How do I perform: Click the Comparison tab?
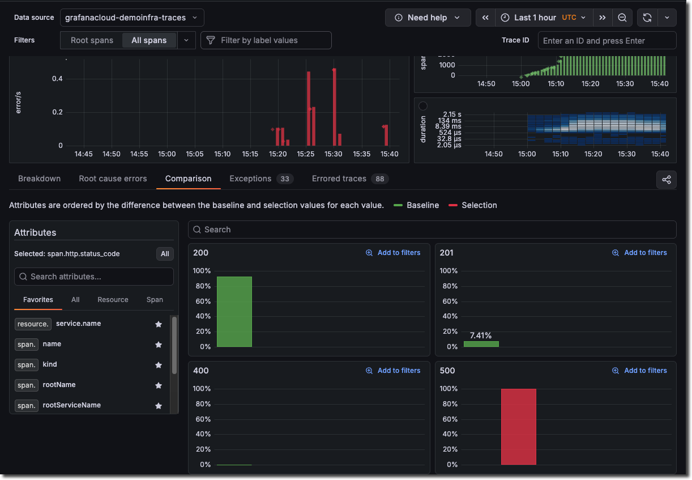click(x=188, y=179)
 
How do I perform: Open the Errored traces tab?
click(x=339, y=179)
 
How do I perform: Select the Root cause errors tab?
click(x=113, y=179)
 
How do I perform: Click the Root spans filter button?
click(x=92, y=40)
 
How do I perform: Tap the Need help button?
click(x=428, y=18)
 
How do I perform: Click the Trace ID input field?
click(x=606, y=41)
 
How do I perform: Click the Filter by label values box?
click(x=266, y=40)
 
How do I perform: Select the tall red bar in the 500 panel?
click(x=518, y=426)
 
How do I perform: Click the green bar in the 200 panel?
click(x=234, y=312)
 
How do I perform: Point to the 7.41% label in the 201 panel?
click(x=481, y=335)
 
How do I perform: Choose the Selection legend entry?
click(x=479, y=205)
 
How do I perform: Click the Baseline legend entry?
click(x=422, y=205)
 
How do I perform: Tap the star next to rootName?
click(x=159, y=385)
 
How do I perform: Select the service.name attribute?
click(x=78, y=324)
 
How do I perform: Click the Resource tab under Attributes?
click(x=113, y=300)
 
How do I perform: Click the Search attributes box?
click(x=94, y=277)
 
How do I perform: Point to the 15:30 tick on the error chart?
click(x=334, y=154)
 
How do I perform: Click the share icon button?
click(x=666, y=180)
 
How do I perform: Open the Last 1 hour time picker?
click(x=535, y=18)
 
